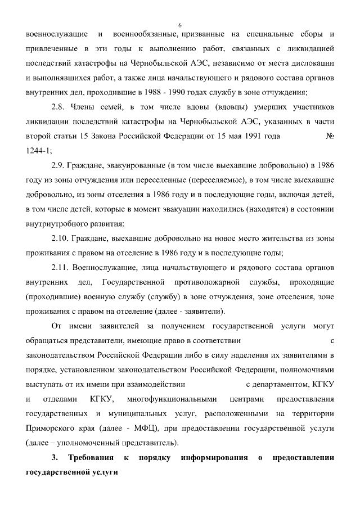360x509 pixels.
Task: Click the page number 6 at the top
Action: [x=180, y=25]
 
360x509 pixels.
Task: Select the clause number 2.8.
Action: [x=58, y=106]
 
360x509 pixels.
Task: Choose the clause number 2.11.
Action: [x=60, y=267]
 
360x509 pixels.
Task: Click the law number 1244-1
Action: [x=39, y=150]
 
